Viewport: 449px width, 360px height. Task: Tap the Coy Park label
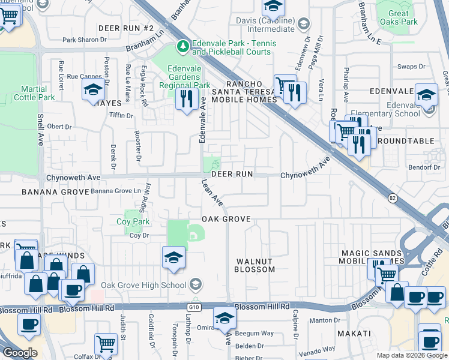click(x=133, y=221)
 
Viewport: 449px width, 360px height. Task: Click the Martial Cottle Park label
click(x=30, y=93)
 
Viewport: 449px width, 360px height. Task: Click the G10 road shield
click(x=193, y=307)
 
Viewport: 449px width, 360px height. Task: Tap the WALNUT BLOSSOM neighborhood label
click(x=255, y=266)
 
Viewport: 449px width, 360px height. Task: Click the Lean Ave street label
click(x=212, y=193)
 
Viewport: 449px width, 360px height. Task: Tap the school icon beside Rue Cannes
click(x=93, y=89)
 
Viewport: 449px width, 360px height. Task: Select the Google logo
click(x=20, y=353)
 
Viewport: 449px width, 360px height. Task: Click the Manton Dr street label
click(x=325, y=320)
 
